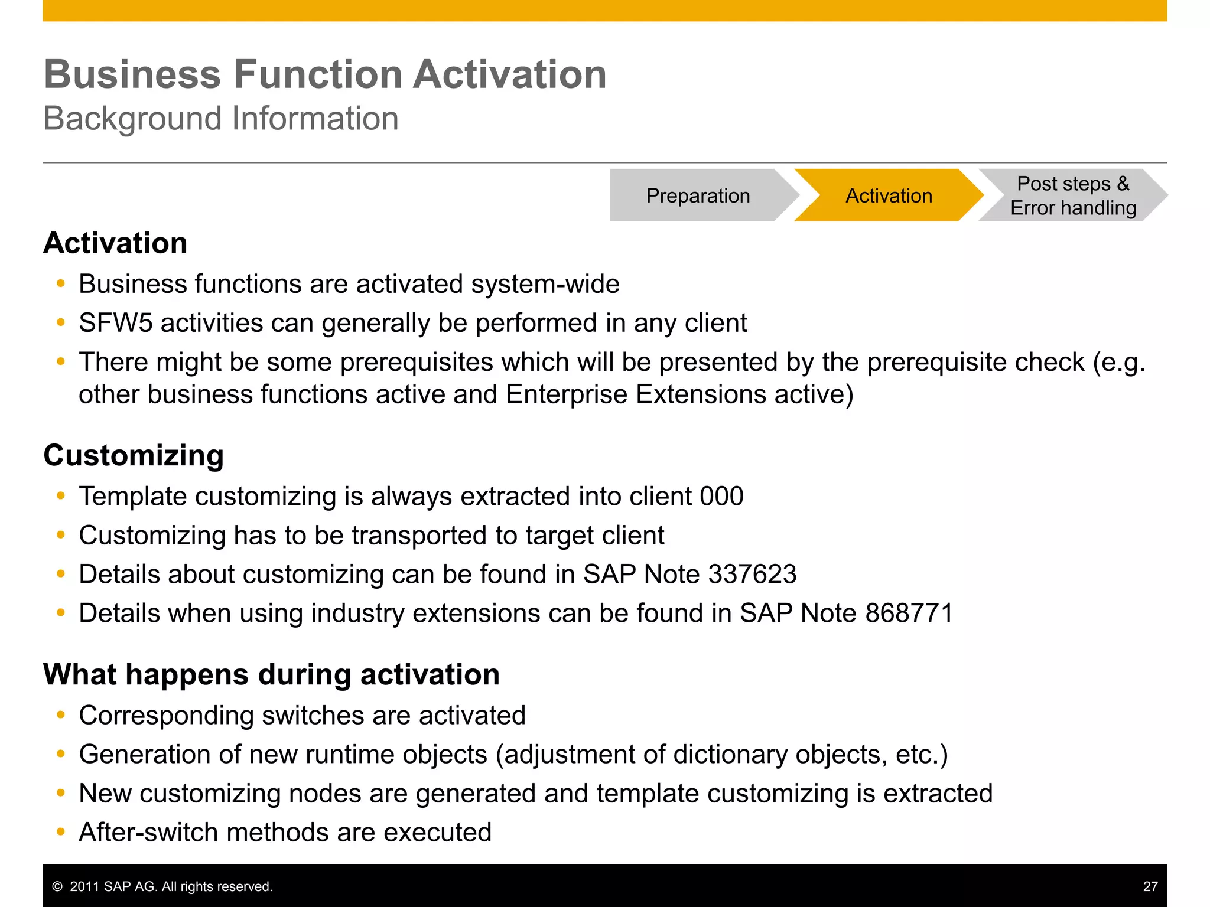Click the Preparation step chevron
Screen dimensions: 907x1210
pos(698,195)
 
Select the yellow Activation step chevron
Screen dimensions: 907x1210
pos(889,195)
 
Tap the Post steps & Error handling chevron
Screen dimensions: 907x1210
pos(1072,195)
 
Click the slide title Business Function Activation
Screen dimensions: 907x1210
pos(325,74)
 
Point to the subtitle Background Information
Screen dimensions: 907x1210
pos(221,119)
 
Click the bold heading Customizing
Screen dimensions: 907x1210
pos(134,455)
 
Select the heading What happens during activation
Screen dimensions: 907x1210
pos(271,674)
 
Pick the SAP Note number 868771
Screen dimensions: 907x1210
pos(909,614)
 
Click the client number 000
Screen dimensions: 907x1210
pos(721,497)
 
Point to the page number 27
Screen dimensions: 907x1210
pos(1150,886)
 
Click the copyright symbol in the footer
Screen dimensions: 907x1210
pos(57,886)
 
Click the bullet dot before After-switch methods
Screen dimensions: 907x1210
pos(60,832)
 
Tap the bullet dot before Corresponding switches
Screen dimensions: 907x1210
pos(60,715)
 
